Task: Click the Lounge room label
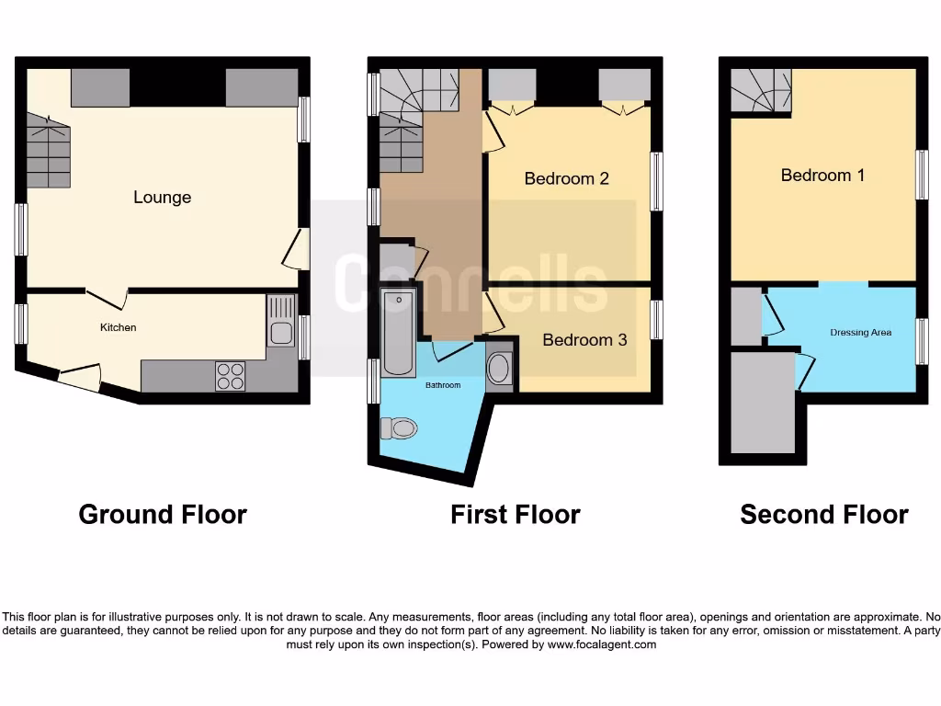click(163, 197)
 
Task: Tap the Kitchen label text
click(119, 327)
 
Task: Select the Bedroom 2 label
click(567, 178)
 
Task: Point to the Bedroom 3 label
click(584, 340)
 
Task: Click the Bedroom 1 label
click(822, 175)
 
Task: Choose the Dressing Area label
click(860, 333)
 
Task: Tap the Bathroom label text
click(442, 385)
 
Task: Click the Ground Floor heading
click(163, 514)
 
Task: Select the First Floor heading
click(515, 514)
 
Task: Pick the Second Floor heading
click(824, 514)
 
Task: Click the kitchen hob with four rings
click(231, 377)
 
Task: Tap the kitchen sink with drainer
click(281, 321)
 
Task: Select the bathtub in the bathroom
click(399, 333)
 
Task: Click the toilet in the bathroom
click(399, 427)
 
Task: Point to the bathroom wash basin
click(499, 370)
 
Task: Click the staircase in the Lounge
click(48, 151)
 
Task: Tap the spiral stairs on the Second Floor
click(761, 90)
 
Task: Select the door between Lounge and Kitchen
click(107, 299)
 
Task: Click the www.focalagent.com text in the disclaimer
click(602, 644)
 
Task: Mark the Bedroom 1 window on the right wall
click(922, 174)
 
